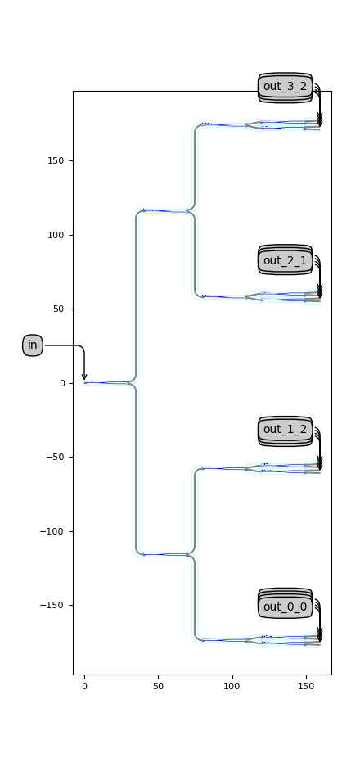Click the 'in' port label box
click(33, 345)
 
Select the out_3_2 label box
click(285, 87)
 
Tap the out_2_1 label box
click(285, 261)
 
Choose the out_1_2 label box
click(285, 429)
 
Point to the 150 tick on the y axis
click(55, 161)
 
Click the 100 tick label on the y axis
click(55, 236)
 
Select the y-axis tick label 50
click(57, 309)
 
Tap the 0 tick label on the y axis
click(62, 383)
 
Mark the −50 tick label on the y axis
click(55, 458)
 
